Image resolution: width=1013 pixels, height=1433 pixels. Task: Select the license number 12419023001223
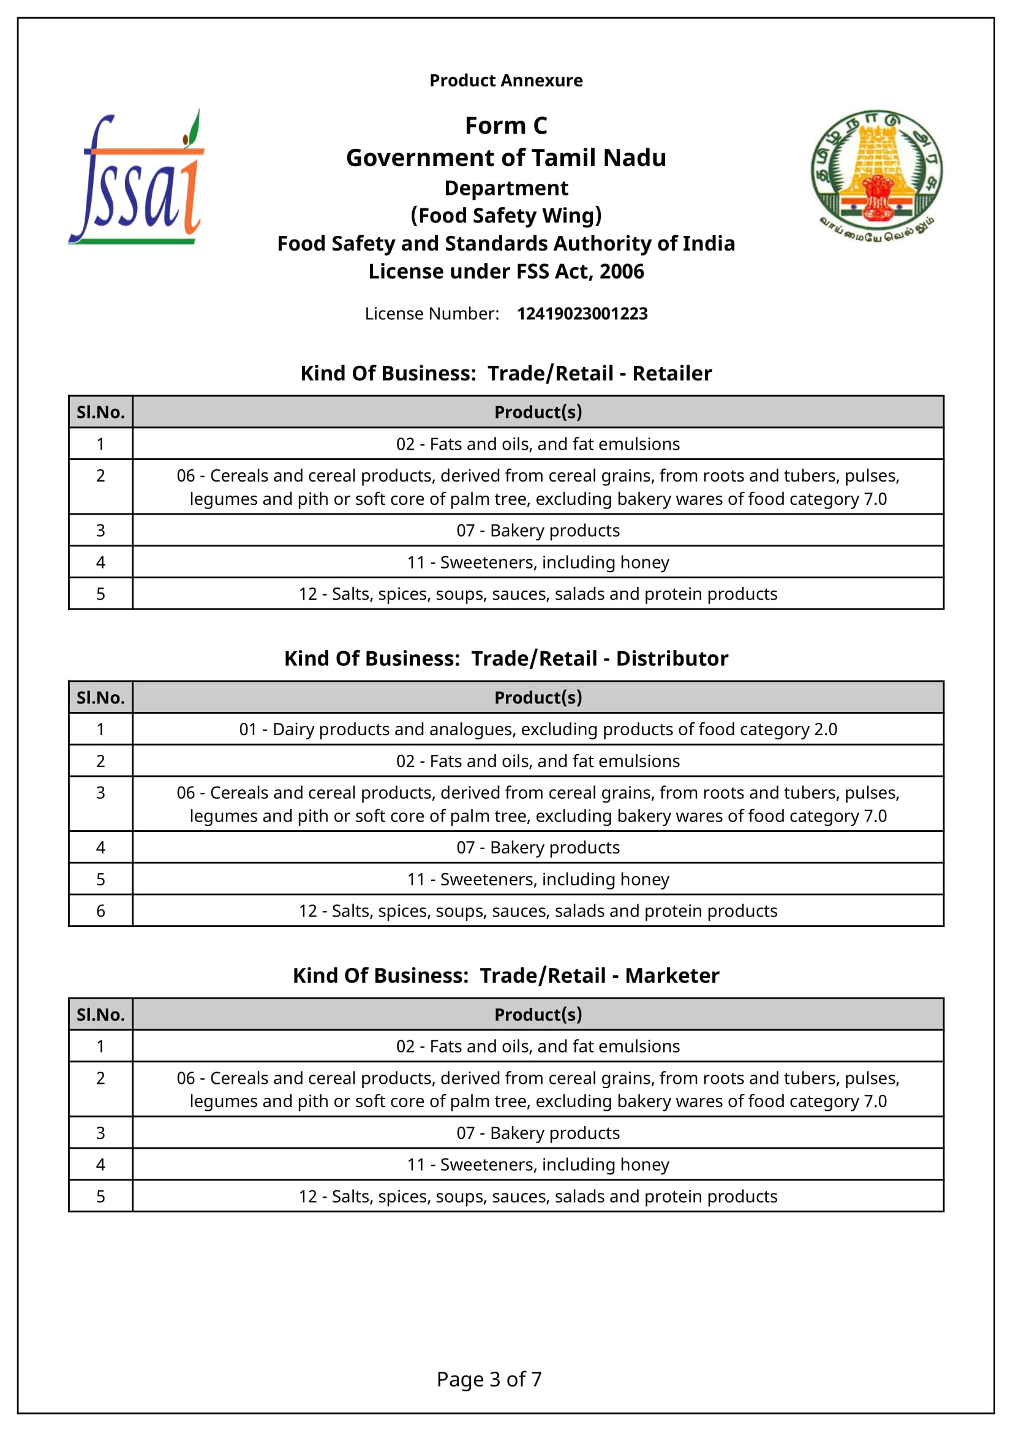pos(582,313)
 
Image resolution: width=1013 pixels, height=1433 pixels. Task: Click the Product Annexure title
pos(506,80)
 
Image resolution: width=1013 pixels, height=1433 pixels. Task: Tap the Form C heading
pos(506,126)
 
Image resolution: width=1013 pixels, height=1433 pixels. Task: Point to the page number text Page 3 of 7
pos(489,1378)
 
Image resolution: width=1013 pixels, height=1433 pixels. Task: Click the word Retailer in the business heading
pos(672,373)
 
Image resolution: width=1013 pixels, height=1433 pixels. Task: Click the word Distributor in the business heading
pos(672,659)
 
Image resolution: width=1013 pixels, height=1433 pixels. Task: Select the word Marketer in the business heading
pos(672,975)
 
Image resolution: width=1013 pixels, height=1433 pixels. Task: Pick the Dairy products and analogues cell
pos(538,729)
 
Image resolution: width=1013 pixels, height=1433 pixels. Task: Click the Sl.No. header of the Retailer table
pos(100,412)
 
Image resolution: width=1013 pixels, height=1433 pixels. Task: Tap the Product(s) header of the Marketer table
pos(538,1014)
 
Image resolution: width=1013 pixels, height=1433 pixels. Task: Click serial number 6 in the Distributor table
pos(100,910)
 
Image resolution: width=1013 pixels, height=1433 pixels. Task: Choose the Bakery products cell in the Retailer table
pos(538,531)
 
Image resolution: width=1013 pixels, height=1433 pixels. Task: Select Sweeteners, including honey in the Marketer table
pos(538,1164)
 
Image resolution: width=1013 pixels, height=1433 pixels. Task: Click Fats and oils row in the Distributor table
pos(538,761)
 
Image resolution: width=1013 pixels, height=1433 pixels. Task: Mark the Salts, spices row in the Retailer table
pos(538,594)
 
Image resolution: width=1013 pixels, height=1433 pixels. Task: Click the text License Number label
pos(432,313)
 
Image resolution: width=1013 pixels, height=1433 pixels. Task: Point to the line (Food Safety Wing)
pos(506,215)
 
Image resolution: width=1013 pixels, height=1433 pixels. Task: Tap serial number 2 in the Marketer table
pos(100,1078)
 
